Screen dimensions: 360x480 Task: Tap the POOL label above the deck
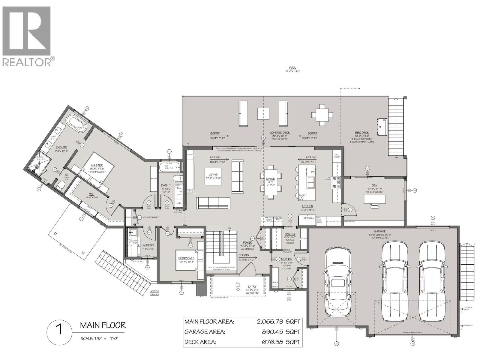292,68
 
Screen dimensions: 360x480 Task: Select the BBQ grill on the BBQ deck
382,127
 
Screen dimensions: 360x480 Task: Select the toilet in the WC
61,186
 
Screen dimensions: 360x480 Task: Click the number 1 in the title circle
59,330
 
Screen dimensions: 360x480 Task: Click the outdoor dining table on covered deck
322,114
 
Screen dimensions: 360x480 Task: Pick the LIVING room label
213,174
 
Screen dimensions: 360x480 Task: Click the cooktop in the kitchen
336,183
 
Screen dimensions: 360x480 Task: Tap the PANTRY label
290,234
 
